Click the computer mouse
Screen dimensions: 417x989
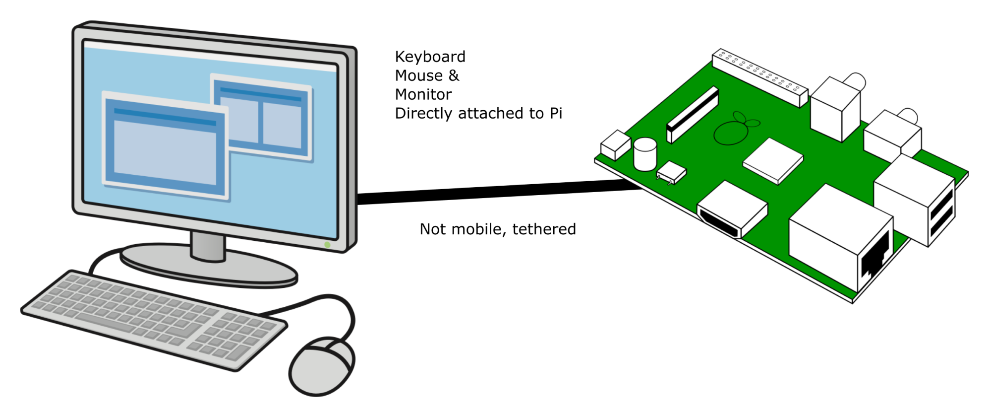pos(321,366)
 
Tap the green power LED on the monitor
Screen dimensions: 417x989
pos(327,245)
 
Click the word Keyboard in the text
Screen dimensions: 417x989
pos(430,57)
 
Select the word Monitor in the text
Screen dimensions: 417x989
pos(423,95)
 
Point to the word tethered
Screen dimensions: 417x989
pos(544,229)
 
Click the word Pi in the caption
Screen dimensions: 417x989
pos(556,114)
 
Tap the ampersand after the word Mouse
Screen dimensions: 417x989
pos(454,76)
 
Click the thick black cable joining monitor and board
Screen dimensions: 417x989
pos(496,192)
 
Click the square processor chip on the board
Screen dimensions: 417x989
pos(772,160)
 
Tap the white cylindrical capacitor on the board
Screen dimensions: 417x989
pos(645,154)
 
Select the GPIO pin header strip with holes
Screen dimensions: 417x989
pos(759,77)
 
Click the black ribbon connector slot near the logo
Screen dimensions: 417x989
pos(693,114)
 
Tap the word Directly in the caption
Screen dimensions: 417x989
pos(424,114)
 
